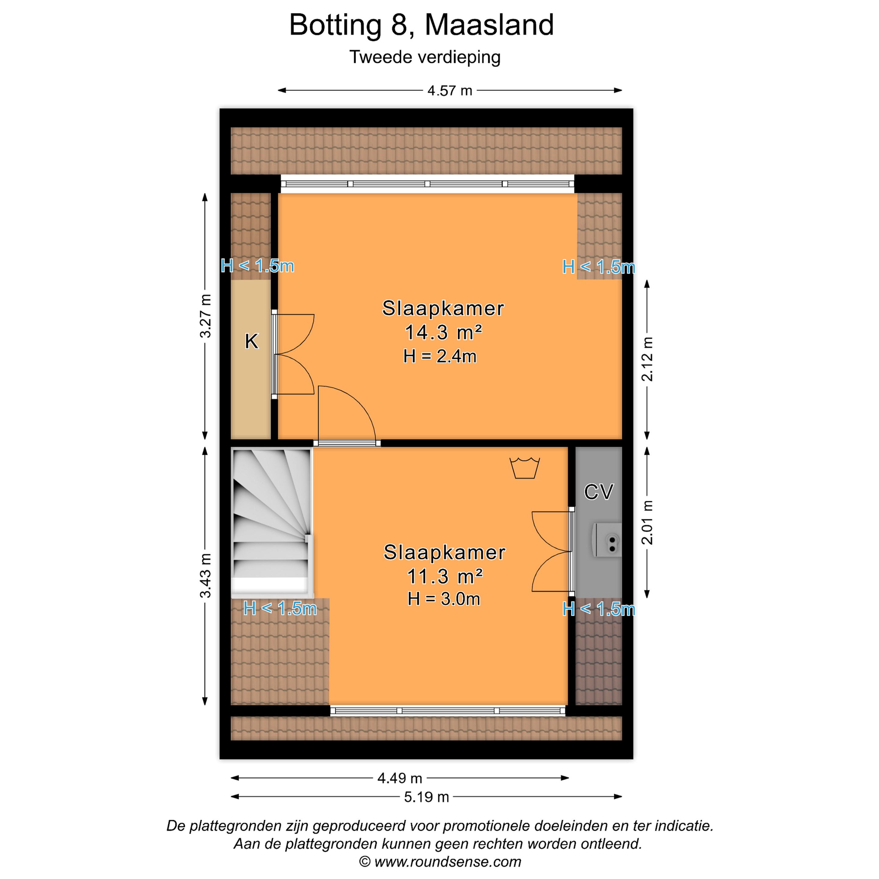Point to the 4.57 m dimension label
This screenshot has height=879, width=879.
pos(450,91)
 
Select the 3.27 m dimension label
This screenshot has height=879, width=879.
pos(206,316)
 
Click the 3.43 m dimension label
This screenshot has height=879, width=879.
pos(206,576)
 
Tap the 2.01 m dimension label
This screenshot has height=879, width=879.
pos(647,523)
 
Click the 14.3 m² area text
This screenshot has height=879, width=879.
pos(443,333)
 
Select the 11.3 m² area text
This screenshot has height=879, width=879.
pos(444,577)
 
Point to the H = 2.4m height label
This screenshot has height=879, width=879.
pos(440,356)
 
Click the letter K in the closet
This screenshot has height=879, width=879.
pos(251,341)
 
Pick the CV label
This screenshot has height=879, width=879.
pos(599,492)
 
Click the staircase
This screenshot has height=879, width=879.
pos(272,523)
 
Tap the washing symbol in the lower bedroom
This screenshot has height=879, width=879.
pos(525,468)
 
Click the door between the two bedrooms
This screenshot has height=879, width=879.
pos(347,415)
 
